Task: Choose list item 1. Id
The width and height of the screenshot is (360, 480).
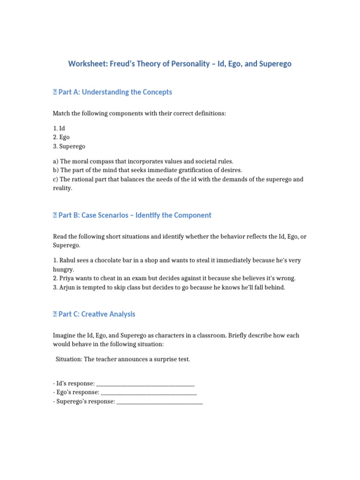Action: (59, 128)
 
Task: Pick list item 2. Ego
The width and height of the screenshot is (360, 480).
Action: (61, 137)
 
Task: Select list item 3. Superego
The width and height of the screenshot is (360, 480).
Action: (69, 147)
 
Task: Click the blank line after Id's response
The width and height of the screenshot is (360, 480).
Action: (145, 384)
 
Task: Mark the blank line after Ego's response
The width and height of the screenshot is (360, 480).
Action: (149, 393)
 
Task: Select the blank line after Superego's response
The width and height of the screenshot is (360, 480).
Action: (159, 402)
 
